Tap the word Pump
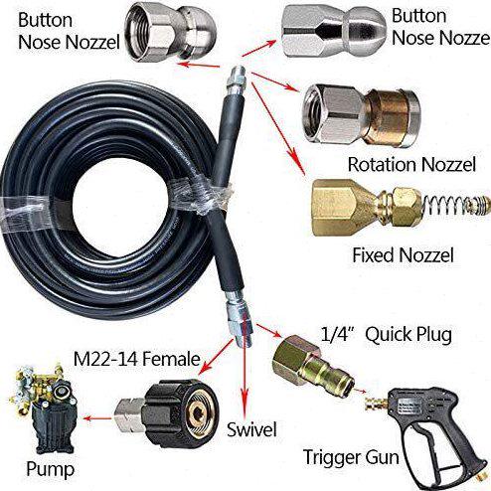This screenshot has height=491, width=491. [51, 469]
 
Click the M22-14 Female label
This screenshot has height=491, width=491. [136, 359]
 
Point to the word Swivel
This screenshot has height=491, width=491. [251, 429]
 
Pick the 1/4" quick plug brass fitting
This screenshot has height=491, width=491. [313, 364]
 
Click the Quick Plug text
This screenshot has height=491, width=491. [409, 335]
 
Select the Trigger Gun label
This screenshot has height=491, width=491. [351, 458]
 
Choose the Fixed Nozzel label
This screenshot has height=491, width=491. [403, 255]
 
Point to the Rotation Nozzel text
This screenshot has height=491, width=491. [411, 164]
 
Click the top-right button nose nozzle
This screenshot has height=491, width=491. [334, 31]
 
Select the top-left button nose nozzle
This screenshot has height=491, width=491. [170, 32]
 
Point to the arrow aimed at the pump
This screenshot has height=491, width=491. [97, 418]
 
